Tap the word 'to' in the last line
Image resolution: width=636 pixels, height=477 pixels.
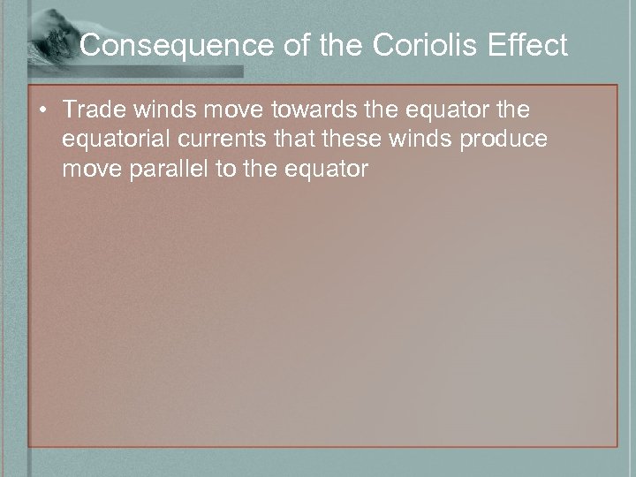coord(227,170)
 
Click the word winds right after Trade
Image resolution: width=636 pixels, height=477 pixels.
coord(148,112)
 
